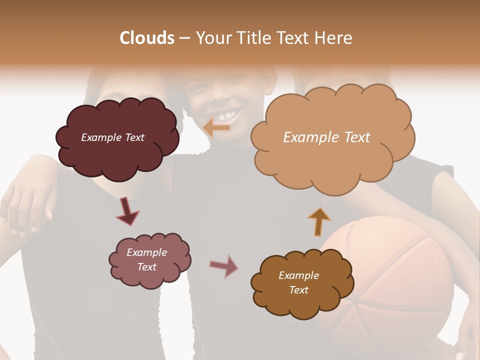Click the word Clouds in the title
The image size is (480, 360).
point(147,38)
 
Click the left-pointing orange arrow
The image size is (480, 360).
point(216,128)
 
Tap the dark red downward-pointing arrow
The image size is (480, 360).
point(127,211)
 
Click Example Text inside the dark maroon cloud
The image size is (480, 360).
point(112,137)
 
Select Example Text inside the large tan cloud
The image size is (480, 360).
point(326,137)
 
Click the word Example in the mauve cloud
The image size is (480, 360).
point(146,252)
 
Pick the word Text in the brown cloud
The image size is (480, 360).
point(298,290)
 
